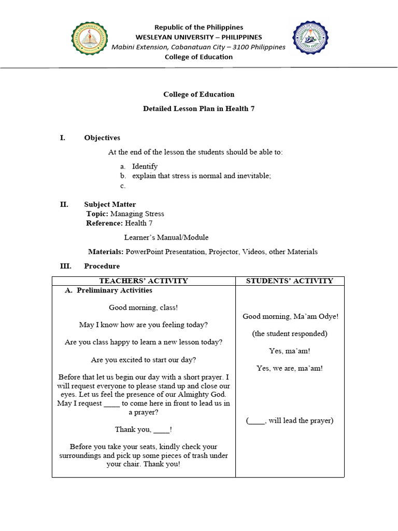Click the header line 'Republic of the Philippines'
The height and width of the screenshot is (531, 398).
coord(198,27)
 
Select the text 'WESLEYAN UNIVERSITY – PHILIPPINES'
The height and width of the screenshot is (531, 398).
coord(198,37)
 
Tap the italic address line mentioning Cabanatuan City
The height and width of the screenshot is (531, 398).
coord(198,47)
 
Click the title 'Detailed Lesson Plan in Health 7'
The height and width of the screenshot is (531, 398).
coord(198,108)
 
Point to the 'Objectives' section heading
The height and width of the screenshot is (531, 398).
coord(102,138)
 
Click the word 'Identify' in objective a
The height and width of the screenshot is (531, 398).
coord(145,166)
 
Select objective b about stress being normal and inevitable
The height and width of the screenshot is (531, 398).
coord(202,176)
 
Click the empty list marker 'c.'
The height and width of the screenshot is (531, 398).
coord(123,186)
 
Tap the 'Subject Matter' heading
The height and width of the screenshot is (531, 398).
coord(110,204)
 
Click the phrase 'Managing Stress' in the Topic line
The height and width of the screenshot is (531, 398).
coord(137,214)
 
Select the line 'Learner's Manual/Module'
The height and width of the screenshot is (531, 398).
coord(166,237)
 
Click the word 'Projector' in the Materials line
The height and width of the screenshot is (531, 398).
coord(225,251)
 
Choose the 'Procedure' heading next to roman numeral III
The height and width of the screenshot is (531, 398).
coord(102,266)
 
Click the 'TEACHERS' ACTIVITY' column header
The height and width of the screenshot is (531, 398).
coord(144,281)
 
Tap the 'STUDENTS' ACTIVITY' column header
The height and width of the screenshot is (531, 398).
coord(289,281)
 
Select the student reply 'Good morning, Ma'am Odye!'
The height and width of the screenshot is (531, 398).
coord(290,316)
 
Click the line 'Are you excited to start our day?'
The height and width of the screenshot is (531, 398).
coord(144,359)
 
